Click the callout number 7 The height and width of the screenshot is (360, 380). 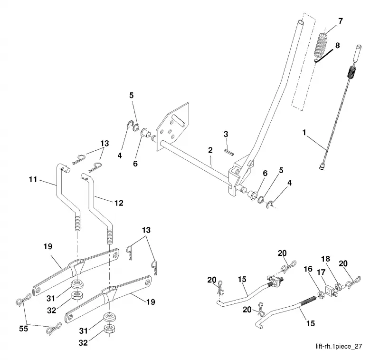[x=341, y=21]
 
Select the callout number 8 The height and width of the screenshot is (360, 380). [x=337, y=45]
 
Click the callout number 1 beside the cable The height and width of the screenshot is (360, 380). [x=304, y=133]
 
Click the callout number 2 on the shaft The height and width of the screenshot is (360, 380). [x=210, y=150]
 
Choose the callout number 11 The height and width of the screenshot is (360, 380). [x=33, y=179]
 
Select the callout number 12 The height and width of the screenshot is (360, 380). [x=119, y=203]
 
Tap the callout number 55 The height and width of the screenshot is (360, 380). [x=23, y=329]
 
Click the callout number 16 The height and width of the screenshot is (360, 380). [x=308, y=269]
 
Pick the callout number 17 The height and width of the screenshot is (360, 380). [x=321, y=272]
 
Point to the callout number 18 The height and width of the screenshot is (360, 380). [x=325, y=259]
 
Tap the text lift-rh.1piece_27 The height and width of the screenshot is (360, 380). [x=339, y=346]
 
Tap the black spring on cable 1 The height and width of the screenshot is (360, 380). [x=352, y=72]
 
